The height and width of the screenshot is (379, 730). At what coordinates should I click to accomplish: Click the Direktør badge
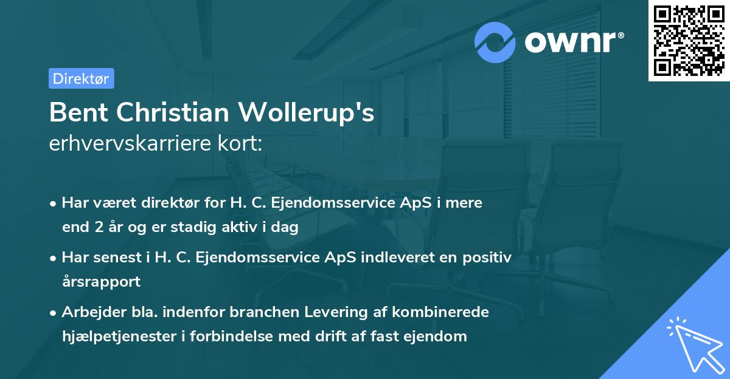click(81, 78)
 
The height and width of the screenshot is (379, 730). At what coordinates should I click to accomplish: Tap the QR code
click(689, 41)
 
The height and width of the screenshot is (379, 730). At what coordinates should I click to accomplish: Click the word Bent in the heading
click(78, 112)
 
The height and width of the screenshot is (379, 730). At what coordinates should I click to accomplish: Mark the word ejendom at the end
click(437, 336)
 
